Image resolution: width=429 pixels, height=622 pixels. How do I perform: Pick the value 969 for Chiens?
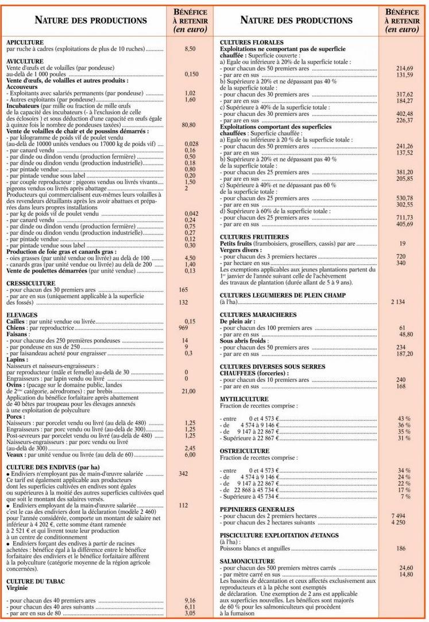(x=184, y=327)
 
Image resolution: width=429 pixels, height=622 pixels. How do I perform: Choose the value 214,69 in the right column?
(x=405, y=68)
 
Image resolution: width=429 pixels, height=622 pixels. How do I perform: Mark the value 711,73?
(x=405, y=218)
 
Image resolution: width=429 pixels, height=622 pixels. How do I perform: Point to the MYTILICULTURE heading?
(x=244, y=399)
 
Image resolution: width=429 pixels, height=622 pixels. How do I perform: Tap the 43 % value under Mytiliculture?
(x=404, y=418)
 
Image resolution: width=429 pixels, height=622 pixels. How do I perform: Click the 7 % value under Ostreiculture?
(x=405, y=496)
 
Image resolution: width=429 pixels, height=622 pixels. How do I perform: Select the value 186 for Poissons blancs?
(x=401, y=548)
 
